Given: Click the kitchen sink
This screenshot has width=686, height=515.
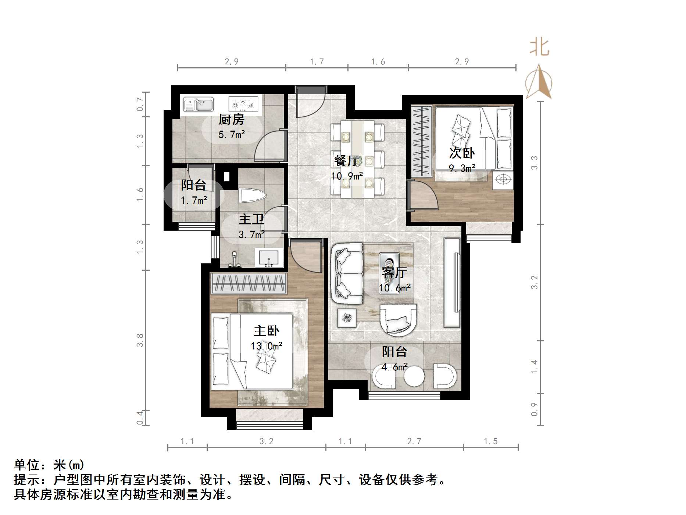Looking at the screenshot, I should pyautogui.click(x=199, y=104).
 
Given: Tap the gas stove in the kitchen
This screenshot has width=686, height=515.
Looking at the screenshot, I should pyautogui.click(x=243, y=104).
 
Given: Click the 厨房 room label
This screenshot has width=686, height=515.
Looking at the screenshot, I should pyautogui.click(x=231, y=120).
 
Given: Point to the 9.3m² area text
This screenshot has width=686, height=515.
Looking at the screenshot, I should pyautogui.click(x=462, y=168).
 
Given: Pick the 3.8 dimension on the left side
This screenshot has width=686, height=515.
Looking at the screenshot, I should pyautogui.click(x=140, y=340).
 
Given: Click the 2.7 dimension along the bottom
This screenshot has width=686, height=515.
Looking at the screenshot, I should pyautogui.click(x=414, y=441).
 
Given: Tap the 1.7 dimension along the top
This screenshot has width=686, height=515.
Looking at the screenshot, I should pyautogui.click(x=317, y=61).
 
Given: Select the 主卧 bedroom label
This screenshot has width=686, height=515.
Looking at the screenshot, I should pyautogui.click(x=267, y=331).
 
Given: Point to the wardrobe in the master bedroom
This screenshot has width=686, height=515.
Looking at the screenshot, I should pyautogui.click(x=249, y=284).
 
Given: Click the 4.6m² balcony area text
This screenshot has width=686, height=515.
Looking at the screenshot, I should pyautogui.click(x=394, y=367).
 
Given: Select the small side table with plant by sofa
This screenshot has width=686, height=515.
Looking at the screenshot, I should pyautogui.click(x=347, y=317).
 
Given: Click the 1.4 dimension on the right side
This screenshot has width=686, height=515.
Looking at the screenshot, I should pyautogui.click(x=534, y=367).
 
